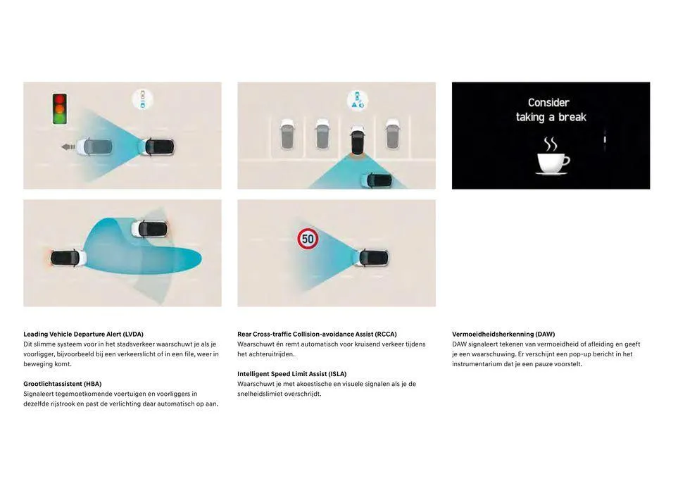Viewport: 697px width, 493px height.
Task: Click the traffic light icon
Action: coord(60,108)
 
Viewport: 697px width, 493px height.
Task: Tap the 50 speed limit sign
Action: coord(308,239)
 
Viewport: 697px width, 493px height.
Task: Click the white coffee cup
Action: coord(553,163)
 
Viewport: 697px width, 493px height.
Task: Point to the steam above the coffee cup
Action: coord(551,144)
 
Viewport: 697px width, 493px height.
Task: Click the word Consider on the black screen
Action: coord(548,103)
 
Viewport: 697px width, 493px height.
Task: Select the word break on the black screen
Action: coord(572,117)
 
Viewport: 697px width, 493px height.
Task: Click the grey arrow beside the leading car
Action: coord(68,146)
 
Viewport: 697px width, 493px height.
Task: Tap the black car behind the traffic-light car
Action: coord(159,147)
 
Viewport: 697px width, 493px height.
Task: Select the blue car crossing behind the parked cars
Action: coord(377,180)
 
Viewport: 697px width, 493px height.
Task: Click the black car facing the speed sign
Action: coord(372,257)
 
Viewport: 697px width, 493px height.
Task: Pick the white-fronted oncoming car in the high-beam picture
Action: coord(150,229)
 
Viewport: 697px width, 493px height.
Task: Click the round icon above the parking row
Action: coord(358,100)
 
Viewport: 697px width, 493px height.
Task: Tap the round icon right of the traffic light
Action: coord(143,99)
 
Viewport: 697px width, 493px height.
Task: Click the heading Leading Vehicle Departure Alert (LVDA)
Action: coord(84,334)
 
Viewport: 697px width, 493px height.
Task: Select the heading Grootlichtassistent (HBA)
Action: coord(63,384)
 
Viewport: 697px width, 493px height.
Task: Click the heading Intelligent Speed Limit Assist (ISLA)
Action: coord(292,374)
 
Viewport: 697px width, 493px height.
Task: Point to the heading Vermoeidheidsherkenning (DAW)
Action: coord(503,334)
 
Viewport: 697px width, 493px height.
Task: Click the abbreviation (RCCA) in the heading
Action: coord(386,334)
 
